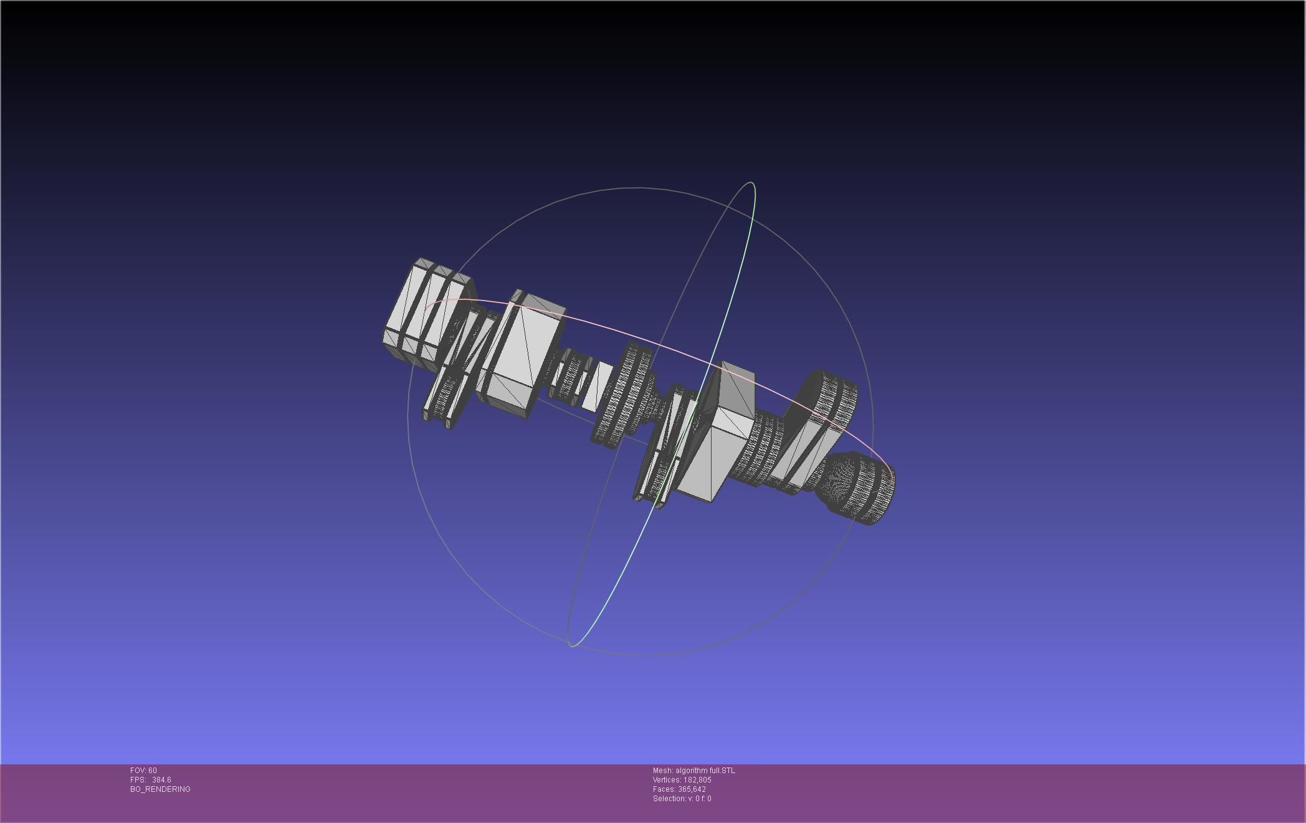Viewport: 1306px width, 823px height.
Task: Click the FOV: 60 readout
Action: coord(143,771)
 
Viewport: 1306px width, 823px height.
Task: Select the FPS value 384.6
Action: coord(161,780)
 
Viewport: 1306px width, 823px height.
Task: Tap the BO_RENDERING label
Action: coord(160,789)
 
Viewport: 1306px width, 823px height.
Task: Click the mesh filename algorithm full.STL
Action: coord(705,771)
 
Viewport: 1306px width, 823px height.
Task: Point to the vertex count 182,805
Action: coord(697,780)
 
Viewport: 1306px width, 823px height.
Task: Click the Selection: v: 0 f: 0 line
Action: coord(682,799)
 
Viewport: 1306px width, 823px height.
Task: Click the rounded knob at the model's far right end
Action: coord(863,489)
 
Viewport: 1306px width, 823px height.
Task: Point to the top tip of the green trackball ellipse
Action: coord(752,183)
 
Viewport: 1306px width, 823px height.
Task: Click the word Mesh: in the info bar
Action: coord(662,771)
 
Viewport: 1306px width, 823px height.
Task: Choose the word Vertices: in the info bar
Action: coord(667,780)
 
